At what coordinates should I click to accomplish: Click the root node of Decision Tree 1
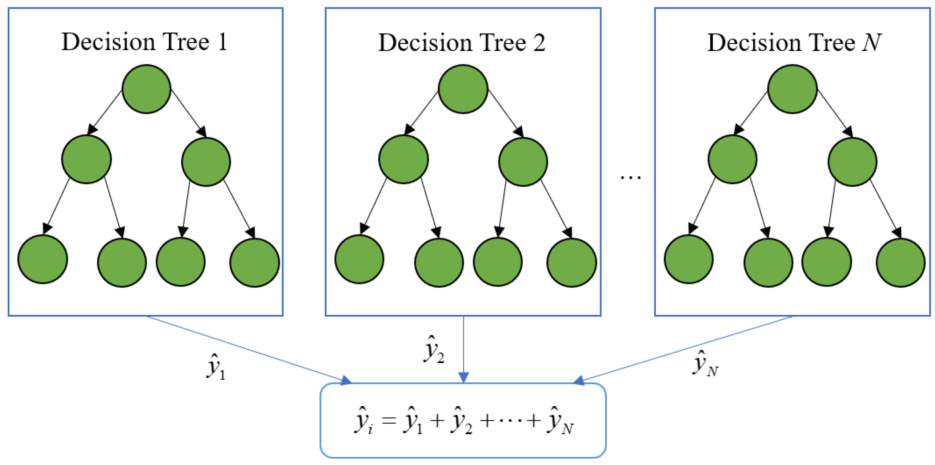pyautogui.click(x=146, y=89)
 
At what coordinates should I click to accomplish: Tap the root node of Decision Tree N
pyautogui.click(x=792, y=89)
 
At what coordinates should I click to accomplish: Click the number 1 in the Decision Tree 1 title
pyautogui.click(x=222, y=42)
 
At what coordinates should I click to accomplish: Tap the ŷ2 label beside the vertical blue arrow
pyautogui.click(x=434, y=350)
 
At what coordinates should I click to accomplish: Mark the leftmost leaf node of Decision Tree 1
pyautogui.click(x=42, y=259)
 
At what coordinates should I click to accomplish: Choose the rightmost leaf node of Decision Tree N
pyautogui.click(x=901, y=262)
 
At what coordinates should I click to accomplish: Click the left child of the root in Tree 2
pyautogui.click(x=403, y=159)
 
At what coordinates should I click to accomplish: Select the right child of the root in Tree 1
pyautogui.click(x=206, y=162)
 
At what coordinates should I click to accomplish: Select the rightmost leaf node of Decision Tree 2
pyautogui.click(x=572, y=262)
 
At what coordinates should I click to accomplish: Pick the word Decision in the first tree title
pyautogui.click(x=108, y=42)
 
